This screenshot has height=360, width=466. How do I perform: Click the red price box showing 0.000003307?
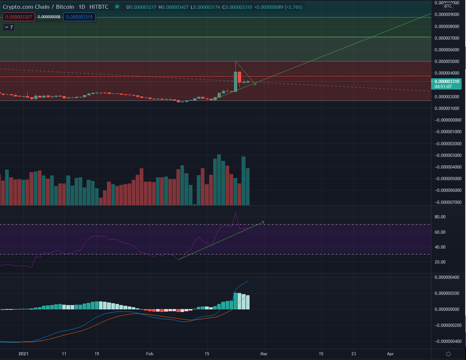tap(19, 17)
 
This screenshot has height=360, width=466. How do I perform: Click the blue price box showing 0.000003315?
tap(79, 17)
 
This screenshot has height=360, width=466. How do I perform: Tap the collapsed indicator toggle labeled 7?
tap(9, 27)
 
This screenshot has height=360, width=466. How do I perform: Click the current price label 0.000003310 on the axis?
tap(447, 82)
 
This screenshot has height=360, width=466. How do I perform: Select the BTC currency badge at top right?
tap(448, 6)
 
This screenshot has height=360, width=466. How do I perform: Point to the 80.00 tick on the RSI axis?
tap(440, 217)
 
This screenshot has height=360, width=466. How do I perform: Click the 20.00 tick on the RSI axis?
tap(440, 262)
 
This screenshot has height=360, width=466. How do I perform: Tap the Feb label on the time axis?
tap(150, 354)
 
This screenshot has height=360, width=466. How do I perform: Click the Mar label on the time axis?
tap(264, 354)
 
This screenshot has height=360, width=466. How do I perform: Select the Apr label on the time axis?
tap(390, 354)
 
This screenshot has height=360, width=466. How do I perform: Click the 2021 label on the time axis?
tap(23, 354)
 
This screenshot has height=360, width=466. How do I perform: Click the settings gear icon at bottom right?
tap(448, 354)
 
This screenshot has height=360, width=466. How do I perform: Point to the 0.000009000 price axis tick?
tap(447, 15)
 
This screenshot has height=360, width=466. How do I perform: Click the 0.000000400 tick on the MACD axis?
tap(447, 277)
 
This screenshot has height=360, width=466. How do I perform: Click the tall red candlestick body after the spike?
tap(239, 77)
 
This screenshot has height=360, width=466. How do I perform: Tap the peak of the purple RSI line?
tap(235, 213)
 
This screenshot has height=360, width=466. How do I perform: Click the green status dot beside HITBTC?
tap(117, 7)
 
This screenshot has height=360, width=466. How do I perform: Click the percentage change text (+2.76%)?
tap(294, 7)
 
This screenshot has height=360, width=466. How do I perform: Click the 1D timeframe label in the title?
tap(82, 7)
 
